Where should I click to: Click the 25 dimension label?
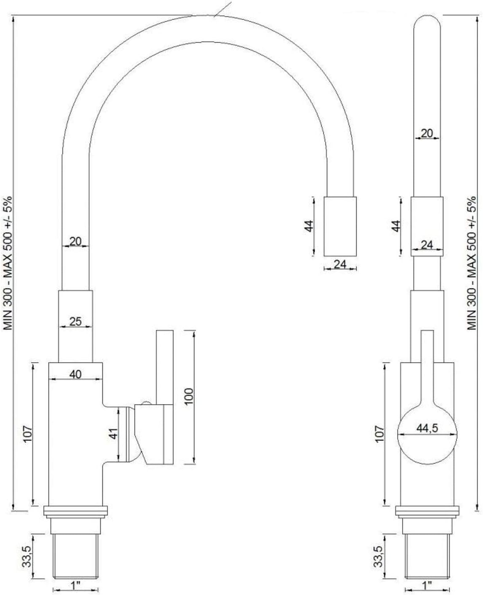coord(75,322)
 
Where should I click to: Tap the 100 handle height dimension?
coord(188,397)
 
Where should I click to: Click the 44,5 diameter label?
coord(427,428)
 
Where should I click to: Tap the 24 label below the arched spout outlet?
coord(340,264)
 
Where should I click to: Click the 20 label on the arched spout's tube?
coord(75,241)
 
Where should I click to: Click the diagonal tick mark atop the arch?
coord(223,9)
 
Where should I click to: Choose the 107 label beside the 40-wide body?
coord(28,434)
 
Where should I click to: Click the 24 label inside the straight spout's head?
coord(427,244)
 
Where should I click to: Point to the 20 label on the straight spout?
coord(427,133)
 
